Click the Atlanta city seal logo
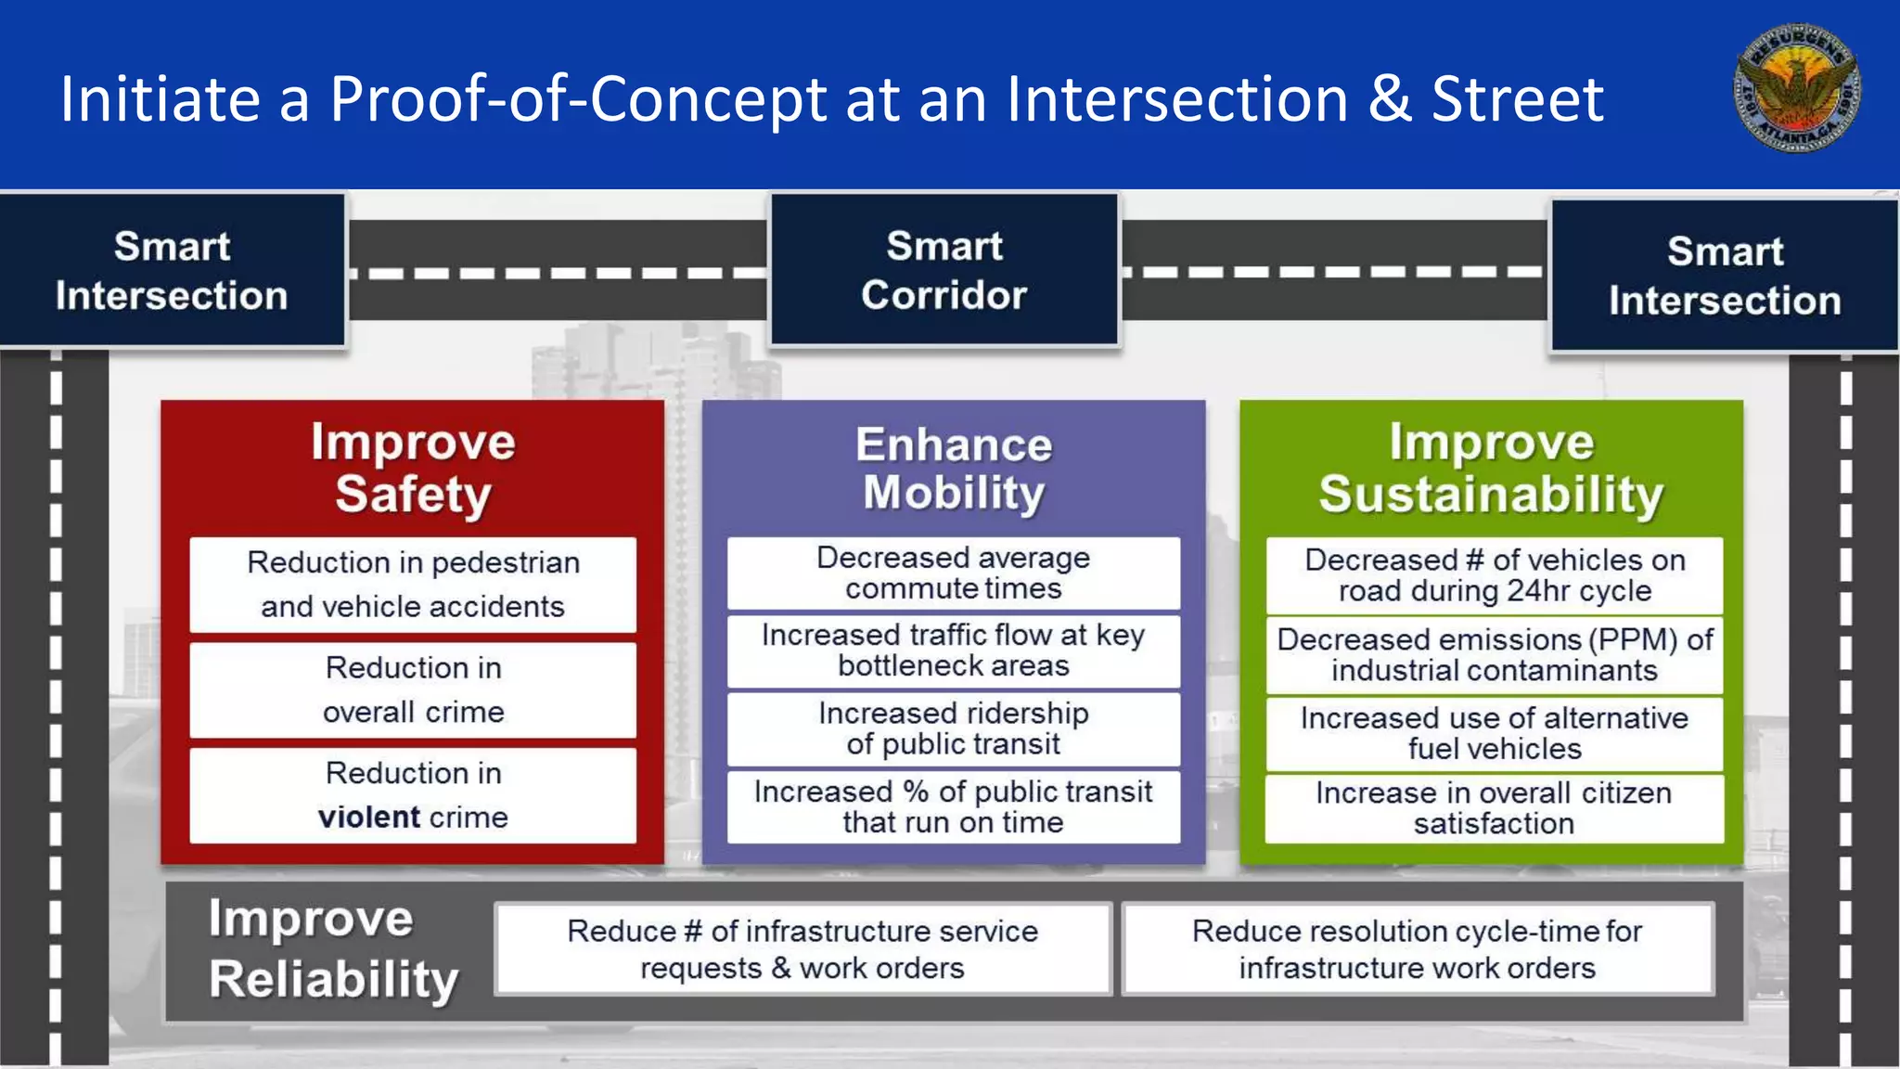coord(1796,88)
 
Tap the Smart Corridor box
coord(944,270)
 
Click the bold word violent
coord(369,818)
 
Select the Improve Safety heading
coord(413,468)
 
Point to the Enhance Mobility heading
coord(954,468)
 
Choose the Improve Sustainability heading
coord(1491,468)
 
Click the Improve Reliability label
coord(333,949)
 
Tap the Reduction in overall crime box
coord(413,690)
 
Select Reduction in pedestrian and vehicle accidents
coord(413,585)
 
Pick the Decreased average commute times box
coord(954,573)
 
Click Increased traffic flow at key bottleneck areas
coord(954,650)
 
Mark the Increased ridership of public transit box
coord(954,728)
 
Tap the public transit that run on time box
coord(954,806)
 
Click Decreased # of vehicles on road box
coord(1495,575)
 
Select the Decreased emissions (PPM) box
coord(1495,655)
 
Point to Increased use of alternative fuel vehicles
coord(1495,733)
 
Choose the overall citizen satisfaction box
coord(1495,808)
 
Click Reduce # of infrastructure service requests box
coord(802,949)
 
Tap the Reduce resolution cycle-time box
coord(1418,949)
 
